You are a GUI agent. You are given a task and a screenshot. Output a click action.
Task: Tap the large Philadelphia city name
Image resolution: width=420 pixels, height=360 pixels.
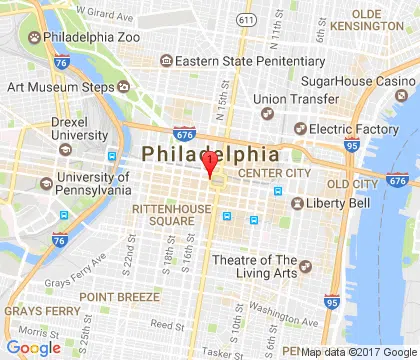click(210, 154)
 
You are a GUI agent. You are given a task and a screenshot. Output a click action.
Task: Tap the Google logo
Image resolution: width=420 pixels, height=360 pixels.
click(33, 348)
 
